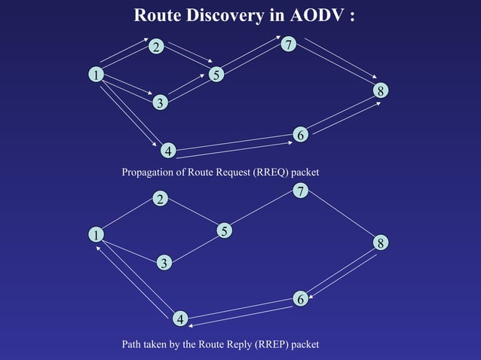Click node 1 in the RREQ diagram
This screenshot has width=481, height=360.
pyautogui.click(x=96, y=74)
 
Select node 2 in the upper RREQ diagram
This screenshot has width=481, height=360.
pyautogui.click(x=155, y=47)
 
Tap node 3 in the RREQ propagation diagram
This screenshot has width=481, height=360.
pyautogui.click(x=159, y=102)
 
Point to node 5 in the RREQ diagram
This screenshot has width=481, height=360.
pyautogui.click(x=216, y=75)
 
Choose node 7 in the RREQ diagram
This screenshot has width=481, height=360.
pyautogui.click(x=288, y=45)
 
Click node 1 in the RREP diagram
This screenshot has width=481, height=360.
pyautogui.click(x=96, y=235)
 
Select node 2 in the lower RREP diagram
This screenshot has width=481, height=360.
pyautogui.click(x=160, y=199)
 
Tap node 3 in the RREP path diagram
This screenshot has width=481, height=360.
pyautogui.click(x=164, y=262)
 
